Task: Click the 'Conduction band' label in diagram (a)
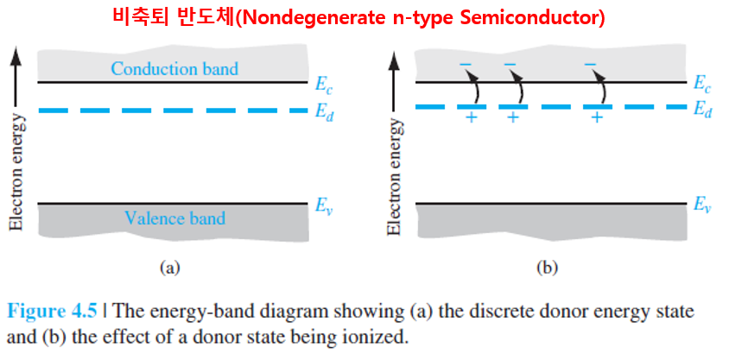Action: point(174,67)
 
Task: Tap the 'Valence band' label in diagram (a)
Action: point(174,218)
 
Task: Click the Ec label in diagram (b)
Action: point(702,84)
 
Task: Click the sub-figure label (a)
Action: point(169,268)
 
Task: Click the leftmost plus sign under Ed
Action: point(471,118)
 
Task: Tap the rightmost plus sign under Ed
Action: point(596,118)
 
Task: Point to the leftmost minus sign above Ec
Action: point(466,64)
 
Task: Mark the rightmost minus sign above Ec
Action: point(590,64)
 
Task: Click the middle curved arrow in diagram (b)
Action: point(520,87)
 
